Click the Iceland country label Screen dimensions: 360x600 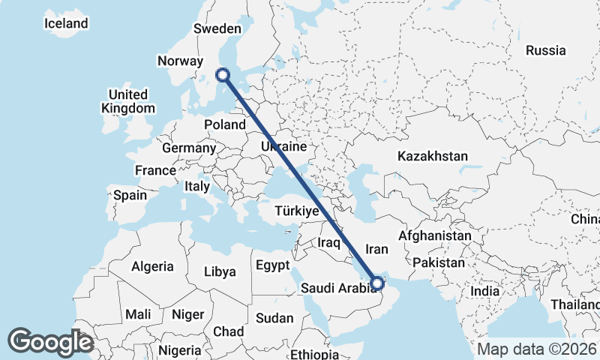pyautogui.click(x=66, y=23)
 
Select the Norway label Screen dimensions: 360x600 pyautogui.click(x=180, y=61)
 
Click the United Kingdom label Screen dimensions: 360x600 pyautogui.click(x=128, y=101)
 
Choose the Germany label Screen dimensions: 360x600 pyautogui.click(x=188, y=148)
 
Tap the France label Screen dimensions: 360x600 pyautogui.click(x=155, y=170)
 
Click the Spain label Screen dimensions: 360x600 pyautogui.click(x=130, y=195)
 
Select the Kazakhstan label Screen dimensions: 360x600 pyautogui.click(x=433, y=156)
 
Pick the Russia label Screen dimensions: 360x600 pyautogui.click(x=545, y=50)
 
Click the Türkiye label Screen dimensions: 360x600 pyautogui.click(x=297, y=211)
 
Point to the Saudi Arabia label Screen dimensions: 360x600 pyautogui.click(x=338, y=288)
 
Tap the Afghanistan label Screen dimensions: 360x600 pyautogui.click(x=435, y=235)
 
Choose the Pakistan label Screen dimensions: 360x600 pyautogui.click(x=439, y=263)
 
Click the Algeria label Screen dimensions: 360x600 pyautogui.click(x=152, y=266)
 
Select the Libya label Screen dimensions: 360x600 pyautogui.click(x=220, y=271)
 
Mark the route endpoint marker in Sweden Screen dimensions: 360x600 pyautogui.click(x=222, y=74)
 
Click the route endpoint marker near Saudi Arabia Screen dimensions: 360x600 pyautogui.click(x=377, y=283)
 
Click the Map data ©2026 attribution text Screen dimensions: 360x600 pyautogui.click(x=536, y=349)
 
